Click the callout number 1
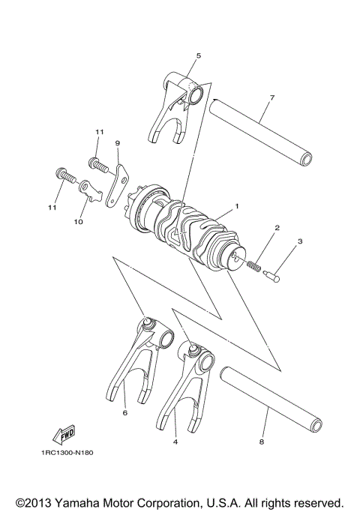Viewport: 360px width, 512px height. pos(237,205)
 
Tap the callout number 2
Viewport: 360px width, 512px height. pos(277,227)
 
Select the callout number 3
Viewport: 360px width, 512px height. pos(299,242)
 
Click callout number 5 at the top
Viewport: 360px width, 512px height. pos(199,55)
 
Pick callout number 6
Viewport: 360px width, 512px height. pos(124,412)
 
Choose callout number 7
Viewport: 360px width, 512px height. pos(271,97)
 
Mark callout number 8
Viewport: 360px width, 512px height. pos(261,442)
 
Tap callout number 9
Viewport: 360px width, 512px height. pos(118,142)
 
